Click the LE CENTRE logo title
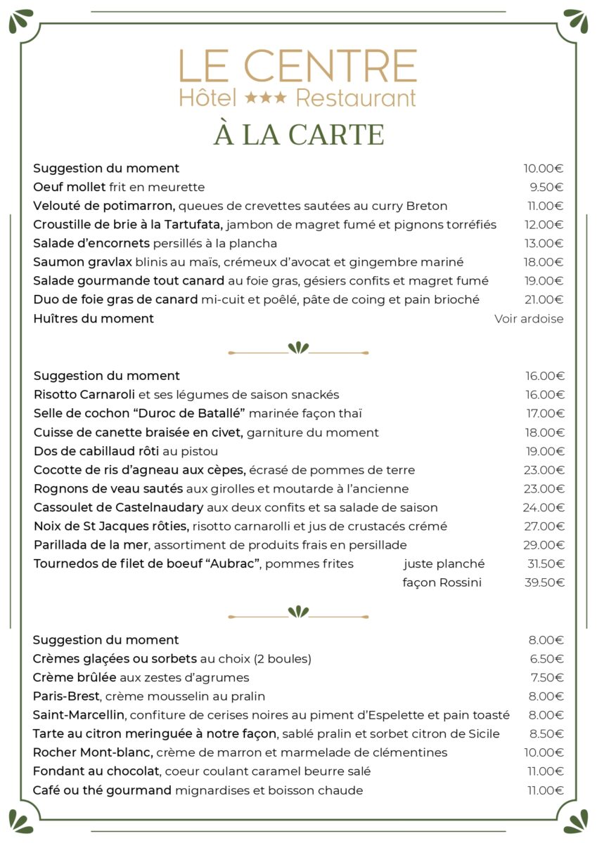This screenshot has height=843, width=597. pyautogui.click(x=297, y=66)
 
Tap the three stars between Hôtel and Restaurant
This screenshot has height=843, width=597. pyautogui.click(x=265, y=98)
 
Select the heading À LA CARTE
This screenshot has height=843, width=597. pyautogui.click(x=298, y=134)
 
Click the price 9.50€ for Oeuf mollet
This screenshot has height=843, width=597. pyautogui.click(x=546, y=187)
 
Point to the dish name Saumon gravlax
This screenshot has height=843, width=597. pyautogui.click(x=82, y=262)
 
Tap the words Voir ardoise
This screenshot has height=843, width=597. pyautogui.click(x=529, y=318)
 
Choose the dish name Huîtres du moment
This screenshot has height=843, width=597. pyautogui.click(x=94, y=318)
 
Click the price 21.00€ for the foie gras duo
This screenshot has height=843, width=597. pyautogui.click(x=545, y=299)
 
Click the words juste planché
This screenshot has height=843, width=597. pyautogui.click(x=444, y=563)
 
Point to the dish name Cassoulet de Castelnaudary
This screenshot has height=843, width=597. pyautogui.click(x=118, y=507)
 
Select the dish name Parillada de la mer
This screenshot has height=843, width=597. pyautogui.click(x=91, y=544)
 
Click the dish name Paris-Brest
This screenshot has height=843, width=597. pyautogui.click(x=67, y=696)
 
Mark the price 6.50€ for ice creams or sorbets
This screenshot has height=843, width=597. pyautogui.click(x=547, y=659)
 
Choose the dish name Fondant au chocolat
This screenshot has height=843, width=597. pyautogui.click(x=97, y=771)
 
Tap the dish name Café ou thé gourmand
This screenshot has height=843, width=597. pyautogui.click(x=102, y=790)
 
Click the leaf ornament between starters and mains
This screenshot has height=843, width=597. pyautogui.click(x=298, y=348)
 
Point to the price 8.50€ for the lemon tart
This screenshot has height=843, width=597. pyautogui.click(x=546, y=734)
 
